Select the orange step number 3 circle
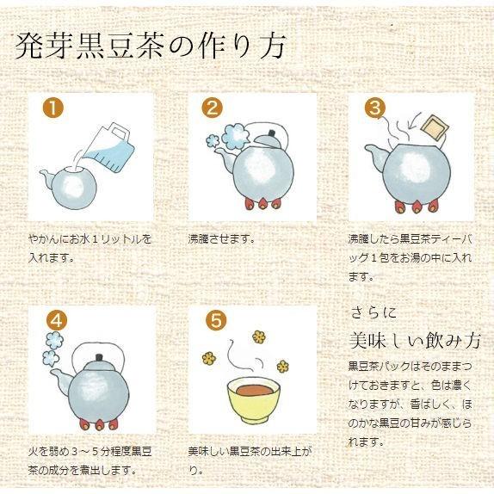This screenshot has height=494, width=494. click(x=374, y=108)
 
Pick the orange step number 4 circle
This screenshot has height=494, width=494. click(x=54, y=319)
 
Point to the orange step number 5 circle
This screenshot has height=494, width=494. click(x=216, y=319)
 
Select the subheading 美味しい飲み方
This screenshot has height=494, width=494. click(x=414, y=340)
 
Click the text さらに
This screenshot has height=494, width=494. click(x=374, y=310)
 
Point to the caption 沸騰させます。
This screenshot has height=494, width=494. click(x=221, y=238)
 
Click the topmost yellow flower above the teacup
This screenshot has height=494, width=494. click(x=258, y=336)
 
